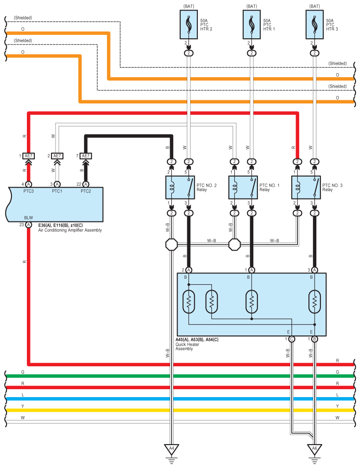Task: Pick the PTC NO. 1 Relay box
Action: [243, 187]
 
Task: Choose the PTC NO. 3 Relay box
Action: [306, 187]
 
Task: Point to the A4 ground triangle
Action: [171, 449]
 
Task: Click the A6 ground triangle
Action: [315, 449]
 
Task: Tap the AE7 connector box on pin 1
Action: [29, 156]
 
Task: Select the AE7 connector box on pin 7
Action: [86, 156]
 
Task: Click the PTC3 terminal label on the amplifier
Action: [29, 191]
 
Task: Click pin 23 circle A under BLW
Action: [29, 225]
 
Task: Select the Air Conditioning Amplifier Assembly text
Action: [70, 230]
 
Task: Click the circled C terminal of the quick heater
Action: [292, 339]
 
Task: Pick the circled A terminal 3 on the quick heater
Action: [315, 270]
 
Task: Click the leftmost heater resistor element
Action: [189, 302]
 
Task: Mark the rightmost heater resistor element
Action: [315, 302]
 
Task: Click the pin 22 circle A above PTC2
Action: [86, 184]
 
